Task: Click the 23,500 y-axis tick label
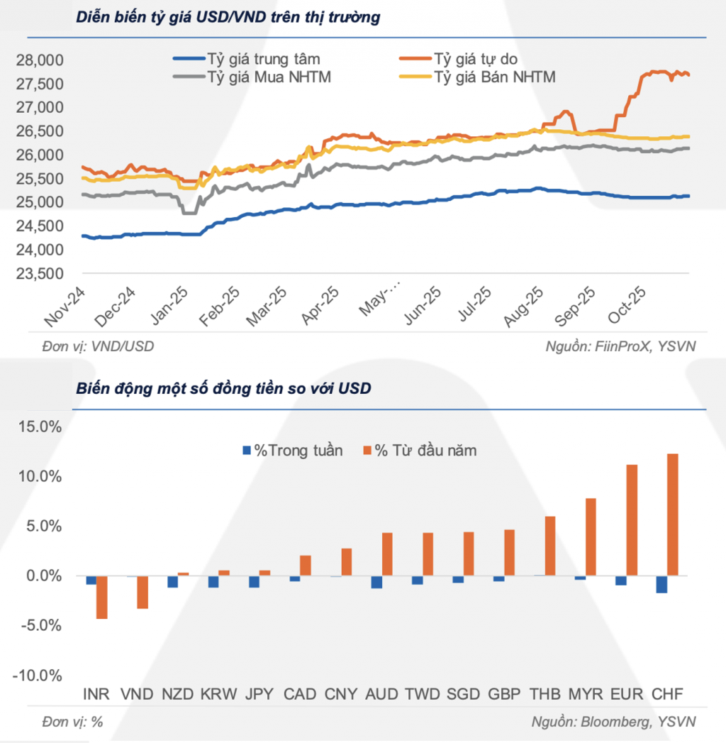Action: point(39,274)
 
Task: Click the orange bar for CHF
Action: point(673,514)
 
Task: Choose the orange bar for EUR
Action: point(632,520)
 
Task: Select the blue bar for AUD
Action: point(376,582)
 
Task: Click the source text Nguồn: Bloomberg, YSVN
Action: point(613,722)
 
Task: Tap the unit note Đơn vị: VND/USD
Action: point(98,346)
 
